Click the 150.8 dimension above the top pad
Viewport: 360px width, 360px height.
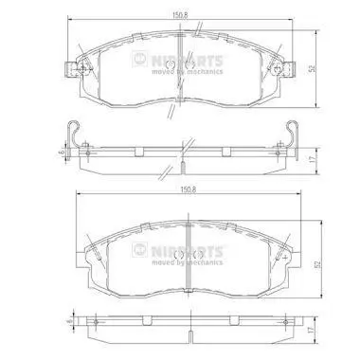point(180,15)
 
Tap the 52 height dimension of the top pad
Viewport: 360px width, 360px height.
point(312,68)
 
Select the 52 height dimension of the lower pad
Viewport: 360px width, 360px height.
point(318,264)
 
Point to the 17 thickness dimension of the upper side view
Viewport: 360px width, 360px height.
point(312,159)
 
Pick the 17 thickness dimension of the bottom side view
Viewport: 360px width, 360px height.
point(312,331)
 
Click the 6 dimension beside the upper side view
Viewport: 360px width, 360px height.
point(63,152)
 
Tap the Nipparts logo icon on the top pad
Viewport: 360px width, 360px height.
point(139,59)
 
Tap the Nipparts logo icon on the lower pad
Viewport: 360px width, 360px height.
point(139,250)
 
